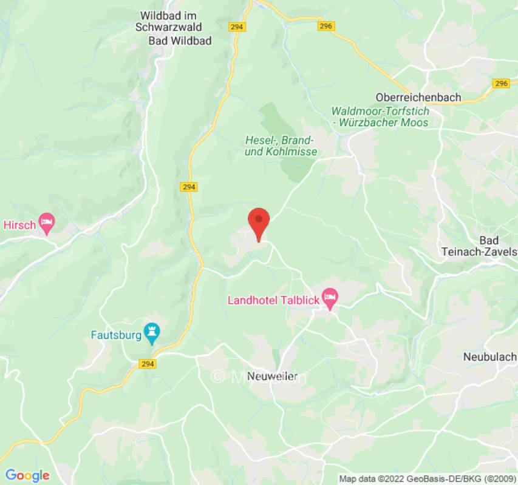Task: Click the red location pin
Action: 259,222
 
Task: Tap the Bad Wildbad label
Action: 180,41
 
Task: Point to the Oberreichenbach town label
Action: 418,97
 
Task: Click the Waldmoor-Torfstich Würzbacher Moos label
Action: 380,117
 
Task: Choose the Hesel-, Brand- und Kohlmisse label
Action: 281,146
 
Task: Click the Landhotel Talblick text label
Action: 274,300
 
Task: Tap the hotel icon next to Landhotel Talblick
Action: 330,297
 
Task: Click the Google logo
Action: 27,475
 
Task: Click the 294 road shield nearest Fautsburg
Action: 147,364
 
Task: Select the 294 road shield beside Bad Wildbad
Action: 236,27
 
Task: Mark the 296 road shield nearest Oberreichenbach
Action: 501,84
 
